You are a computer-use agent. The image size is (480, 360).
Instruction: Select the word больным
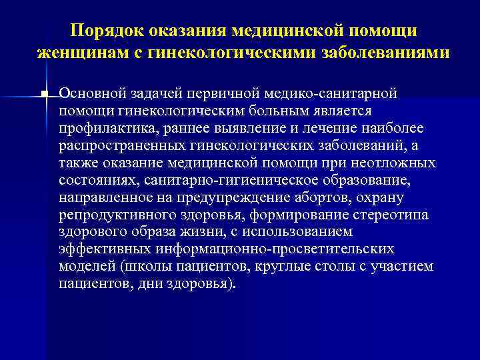tap(281, 110)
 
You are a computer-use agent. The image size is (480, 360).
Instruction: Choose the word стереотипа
tap(393, 214)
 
